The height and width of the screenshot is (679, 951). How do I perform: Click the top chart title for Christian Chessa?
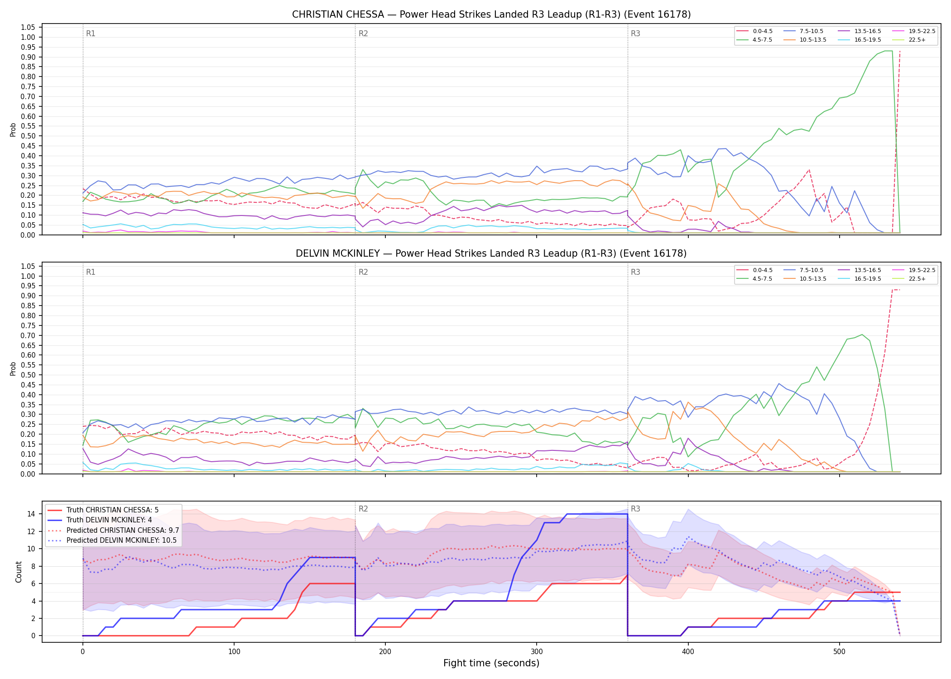pyautogui.click(x=491, y=14)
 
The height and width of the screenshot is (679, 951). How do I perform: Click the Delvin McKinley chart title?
pyautogui.click(x=491, y=253)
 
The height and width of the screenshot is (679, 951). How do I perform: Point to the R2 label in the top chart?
pyautogui.click(x=363, y=33)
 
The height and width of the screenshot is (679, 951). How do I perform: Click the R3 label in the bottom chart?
pyautogui.click(x=635, y=509)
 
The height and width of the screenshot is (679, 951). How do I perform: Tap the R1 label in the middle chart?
pyautogui.click(x=91, y=272)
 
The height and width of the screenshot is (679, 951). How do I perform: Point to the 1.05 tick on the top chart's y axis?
pyautogui.click(x=28, y=28)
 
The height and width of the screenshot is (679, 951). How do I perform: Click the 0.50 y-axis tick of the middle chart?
pyautogui.click(x=28, y=375)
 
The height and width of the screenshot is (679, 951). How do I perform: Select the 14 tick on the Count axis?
pyautogui.click(x=31, y=514)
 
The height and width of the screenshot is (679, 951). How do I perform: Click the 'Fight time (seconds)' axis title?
pyautogui.click(x=491, y=663)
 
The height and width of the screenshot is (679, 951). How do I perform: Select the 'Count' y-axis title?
pyautogui.click(x=19, y=572)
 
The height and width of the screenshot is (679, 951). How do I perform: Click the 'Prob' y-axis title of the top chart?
pyautogui.click(x=13, y=130)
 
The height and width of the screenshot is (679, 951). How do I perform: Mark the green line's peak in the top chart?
pyautogui.click(x=889, y=51)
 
